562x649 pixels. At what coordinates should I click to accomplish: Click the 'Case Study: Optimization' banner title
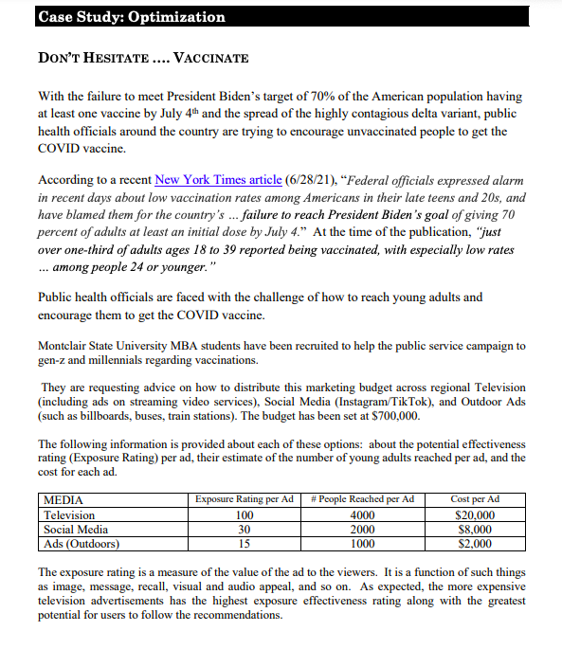[x=132, y=16]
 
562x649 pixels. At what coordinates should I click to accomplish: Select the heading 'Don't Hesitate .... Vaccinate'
[x=143, y=58]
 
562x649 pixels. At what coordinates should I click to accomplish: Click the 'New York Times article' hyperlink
[x=218, y=180]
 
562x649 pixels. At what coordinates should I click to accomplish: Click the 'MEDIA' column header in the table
[x=64, y=499]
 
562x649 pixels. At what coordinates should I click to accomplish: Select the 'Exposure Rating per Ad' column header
[x=245, y=499]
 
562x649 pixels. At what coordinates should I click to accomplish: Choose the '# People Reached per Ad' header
[x=362, y=499]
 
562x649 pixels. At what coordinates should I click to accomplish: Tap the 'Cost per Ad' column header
[x=475, y=499]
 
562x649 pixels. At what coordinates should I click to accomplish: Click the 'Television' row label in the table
[x=70, y=515]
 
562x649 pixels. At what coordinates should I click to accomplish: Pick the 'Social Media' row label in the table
[x=77, y=530]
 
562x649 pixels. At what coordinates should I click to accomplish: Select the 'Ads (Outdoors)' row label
[x=82, y=544]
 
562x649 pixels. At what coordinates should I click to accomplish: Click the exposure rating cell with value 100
[x=245, y=515]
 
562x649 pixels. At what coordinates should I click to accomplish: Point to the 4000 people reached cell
[x=362, y=515]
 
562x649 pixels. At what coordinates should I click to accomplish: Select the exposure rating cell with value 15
[x=245, y=544]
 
